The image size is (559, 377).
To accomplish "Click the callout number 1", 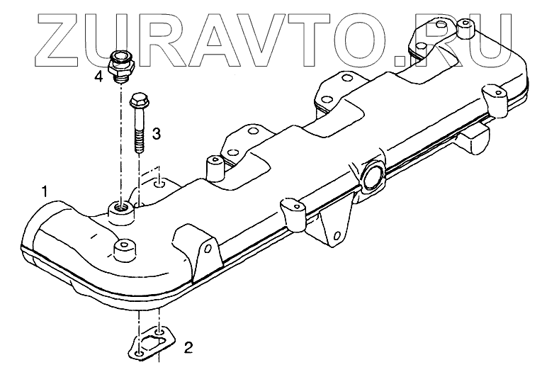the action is (45, 191).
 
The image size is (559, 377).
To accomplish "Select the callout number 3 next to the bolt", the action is (157, 133).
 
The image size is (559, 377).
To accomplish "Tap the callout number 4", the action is (98, 77).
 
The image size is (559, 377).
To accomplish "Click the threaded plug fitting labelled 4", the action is (123, 64).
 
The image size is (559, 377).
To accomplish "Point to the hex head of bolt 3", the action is (137, 101).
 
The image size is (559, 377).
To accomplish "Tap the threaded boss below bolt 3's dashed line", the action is (119, 209).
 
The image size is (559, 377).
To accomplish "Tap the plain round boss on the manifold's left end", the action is (124, 247).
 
